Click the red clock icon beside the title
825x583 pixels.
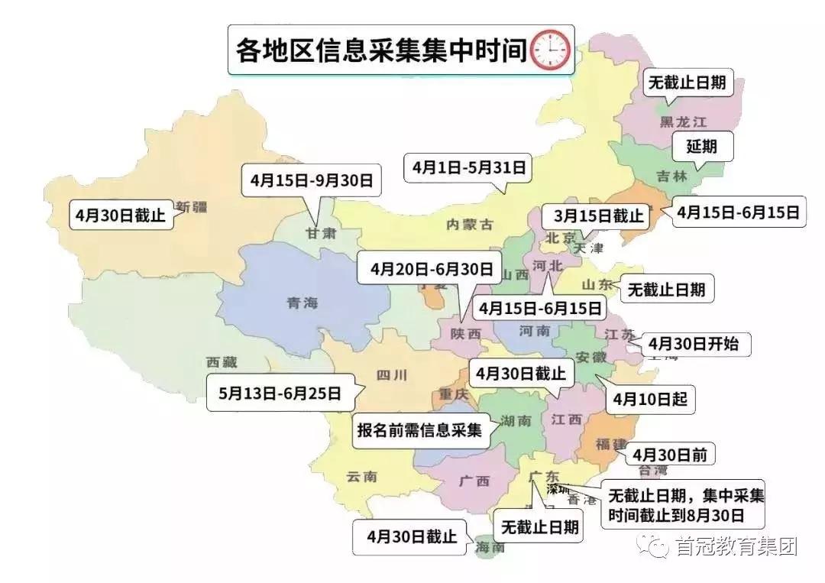tap(550, 51)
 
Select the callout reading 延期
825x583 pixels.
tap(701, 147)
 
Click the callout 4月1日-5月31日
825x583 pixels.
tap(468, 167)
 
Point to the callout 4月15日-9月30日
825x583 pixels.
tap(310, 181)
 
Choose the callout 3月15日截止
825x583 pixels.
tap(593, 216)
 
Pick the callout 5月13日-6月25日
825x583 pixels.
tap(280, 394)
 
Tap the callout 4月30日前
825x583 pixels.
tap(669, 455)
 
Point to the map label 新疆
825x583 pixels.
tap(191, 206)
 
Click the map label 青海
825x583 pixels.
tap(301, 303)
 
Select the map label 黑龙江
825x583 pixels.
tap(684, 121)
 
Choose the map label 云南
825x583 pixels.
tap(361, 477)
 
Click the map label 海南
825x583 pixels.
tap(490, 548)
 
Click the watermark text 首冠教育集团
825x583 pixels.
tap(736, 546)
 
